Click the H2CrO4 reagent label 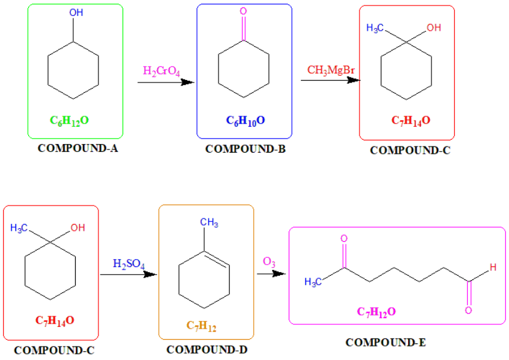161,71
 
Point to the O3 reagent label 269,262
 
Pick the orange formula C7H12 201,324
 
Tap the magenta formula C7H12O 377,312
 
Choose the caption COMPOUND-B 245,148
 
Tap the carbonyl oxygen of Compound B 244,12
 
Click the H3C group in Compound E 314,282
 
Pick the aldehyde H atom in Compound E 492,267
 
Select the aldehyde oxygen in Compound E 468,310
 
